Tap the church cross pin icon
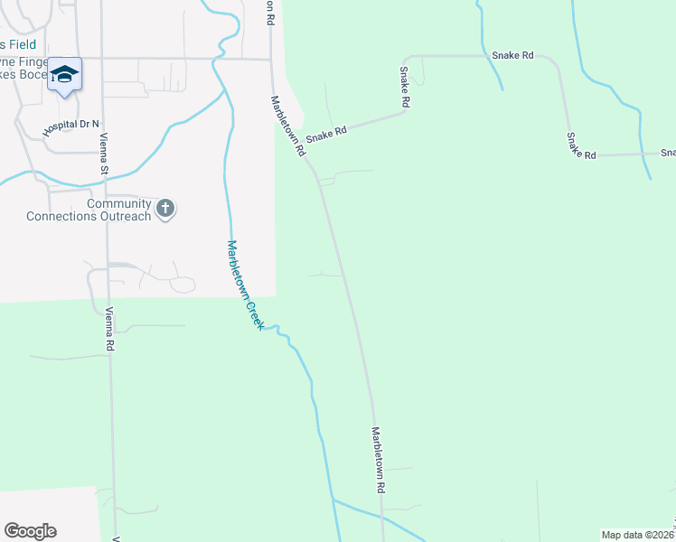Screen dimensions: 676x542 pos(164,209)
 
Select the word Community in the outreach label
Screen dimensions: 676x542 pos(118,203)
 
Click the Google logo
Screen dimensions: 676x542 pos(30,531)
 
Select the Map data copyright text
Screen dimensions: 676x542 pos(638,534)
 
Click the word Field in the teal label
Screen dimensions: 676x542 pos(23,43)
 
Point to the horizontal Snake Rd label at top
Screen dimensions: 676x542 pos(512,56)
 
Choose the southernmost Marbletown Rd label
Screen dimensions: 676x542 pos(380,460)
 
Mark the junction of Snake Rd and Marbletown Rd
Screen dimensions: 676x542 pos(305,150)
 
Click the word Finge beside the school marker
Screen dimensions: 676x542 pos(27,62)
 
